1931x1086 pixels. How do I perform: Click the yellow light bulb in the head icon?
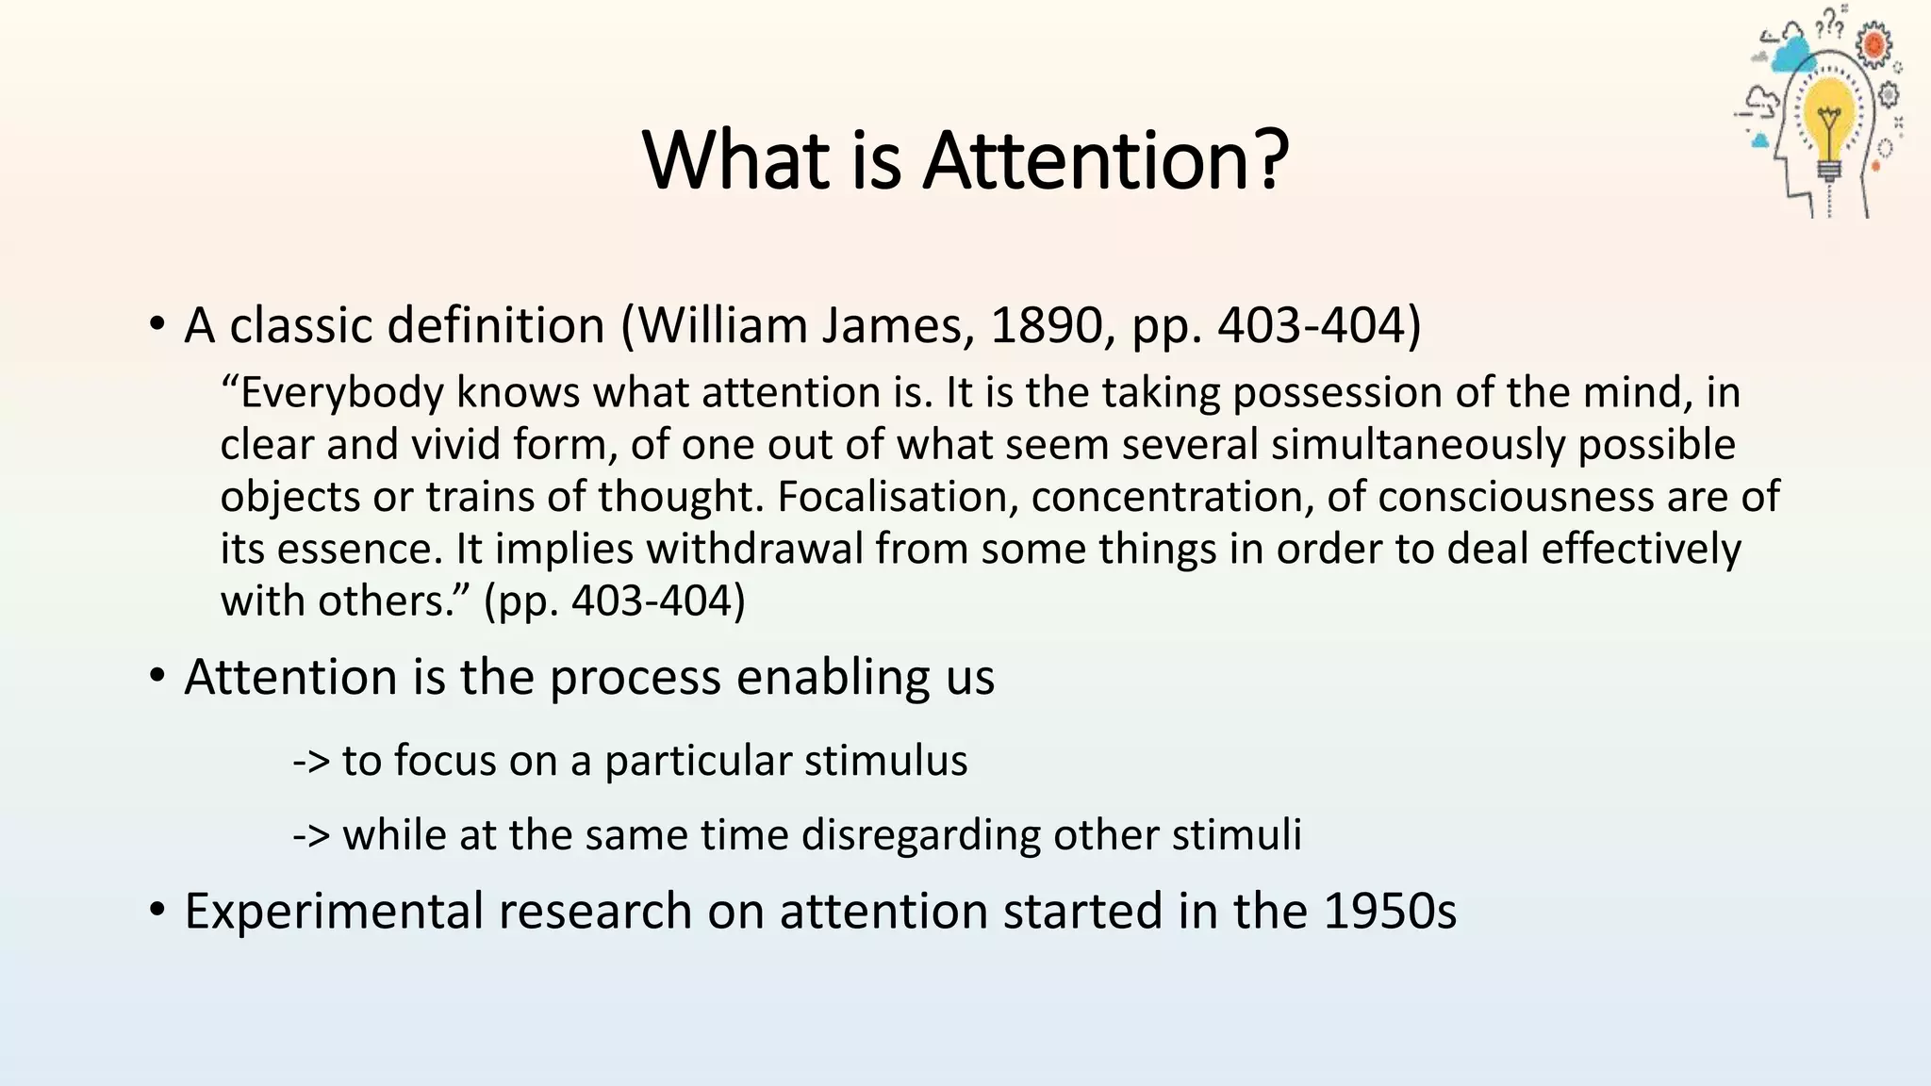1829,118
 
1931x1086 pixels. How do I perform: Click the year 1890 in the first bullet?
1047,325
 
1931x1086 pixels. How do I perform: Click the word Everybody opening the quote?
341,393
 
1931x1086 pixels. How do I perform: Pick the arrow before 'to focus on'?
310,761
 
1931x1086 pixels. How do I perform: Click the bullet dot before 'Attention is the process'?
157,678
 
